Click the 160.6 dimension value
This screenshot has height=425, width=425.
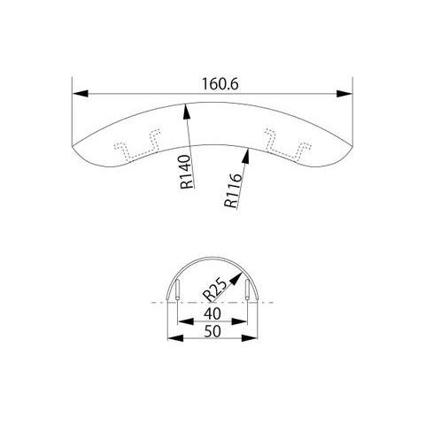(x=220, y=84)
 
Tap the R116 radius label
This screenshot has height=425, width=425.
(x=233, y=190)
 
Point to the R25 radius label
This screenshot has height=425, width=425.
(x=215, y=290)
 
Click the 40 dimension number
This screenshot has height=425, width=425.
(x=212, y=313)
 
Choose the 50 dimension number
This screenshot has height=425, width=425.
(x=212, y=331)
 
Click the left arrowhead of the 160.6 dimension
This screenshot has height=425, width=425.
(x=81, y=94)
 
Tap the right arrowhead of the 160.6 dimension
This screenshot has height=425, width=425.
(x=344, y=94)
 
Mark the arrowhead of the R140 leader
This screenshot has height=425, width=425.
(x=186, y=112)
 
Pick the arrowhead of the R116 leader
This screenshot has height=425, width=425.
(x=246, y=156)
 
